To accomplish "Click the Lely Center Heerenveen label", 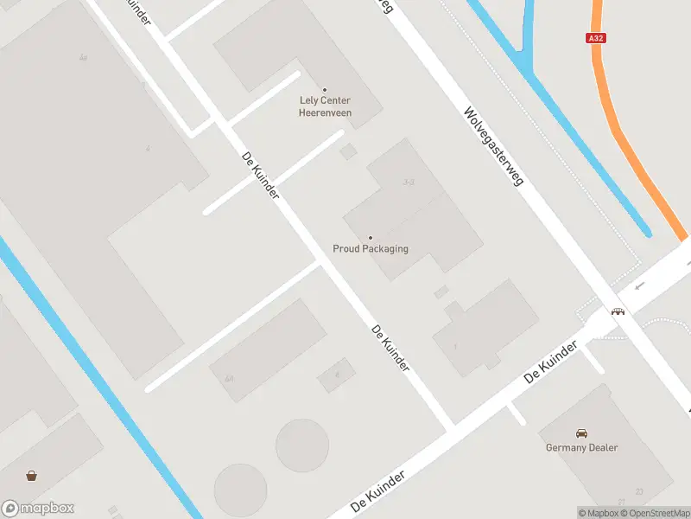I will coord(324,106).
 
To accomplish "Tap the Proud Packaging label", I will coord(371,249).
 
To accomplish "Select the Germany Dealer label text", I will coord(581,447).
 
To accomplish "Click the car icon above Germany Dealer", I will coord(581,432).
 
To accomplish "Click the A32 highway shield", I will coord(595,38).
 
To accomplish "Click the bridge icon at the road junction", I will coord(618,311).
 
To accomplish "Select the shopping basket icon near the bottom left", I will coord(32,475).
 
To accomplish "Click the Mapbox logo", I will coord(38,508).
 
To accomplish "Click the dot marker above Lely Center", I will coord(325,90).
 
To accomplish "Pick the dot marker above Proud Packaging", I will coord(371,238).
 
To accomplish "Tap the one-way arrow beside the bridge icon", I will coord(640,286).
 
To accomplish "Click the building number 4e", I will coord(83,58).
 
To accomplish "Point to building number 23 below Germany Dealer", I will coord(638,492).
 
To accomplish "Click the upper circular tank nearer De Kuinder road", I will coord(301,445).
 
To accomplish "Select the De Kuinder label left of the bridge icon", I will coord(550,363).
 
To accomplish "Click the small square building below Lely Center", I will coord(348,152).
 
